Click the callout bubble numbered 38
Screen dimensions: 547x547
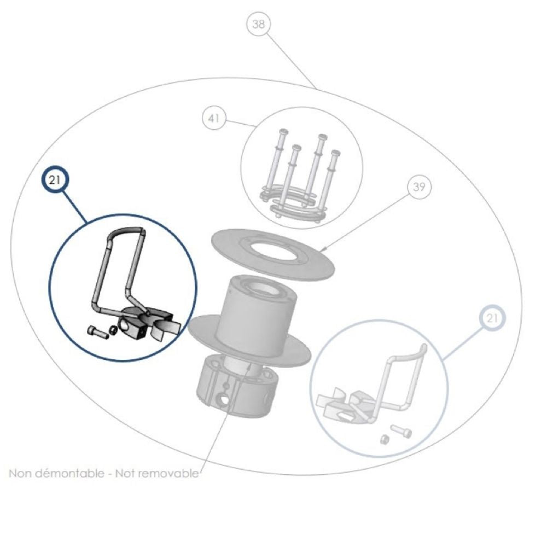coord(258,24)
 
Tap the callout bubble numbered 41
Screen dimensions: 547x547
coord(214,118)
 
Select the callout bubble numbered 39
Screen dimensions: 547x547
coord(419,187)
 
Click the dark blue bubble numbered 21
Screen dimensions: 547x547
coord(55,181)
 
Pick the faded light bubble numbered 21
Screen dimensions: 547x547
coord(492,318)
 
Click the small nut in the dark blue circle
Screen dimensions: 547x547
coord(112,330)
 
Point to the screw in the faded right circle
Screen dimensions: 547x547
coord(401,430)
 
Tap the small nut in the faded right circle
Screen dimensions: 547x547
coord(385,439)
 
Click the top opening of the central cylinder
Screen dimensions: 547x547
coord(265,287)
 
